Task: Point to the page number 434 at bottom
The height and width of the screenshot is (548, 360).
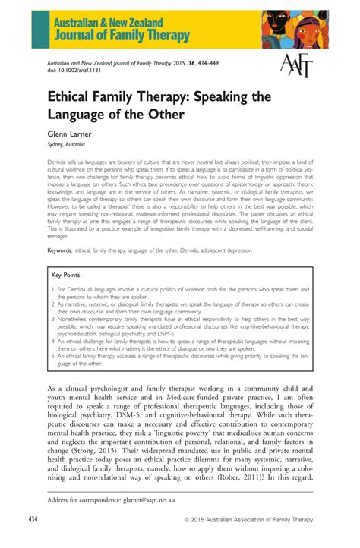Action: [x=33, y=519]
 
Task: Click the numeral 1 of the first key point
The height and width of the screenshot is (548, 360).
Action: [x=53, y=289]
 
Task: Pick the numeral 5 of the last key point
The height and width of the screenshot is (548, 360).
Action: [x=53, y=354]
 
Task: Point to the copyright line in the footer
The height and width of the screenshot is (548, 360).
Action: [x=257, y=519]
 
